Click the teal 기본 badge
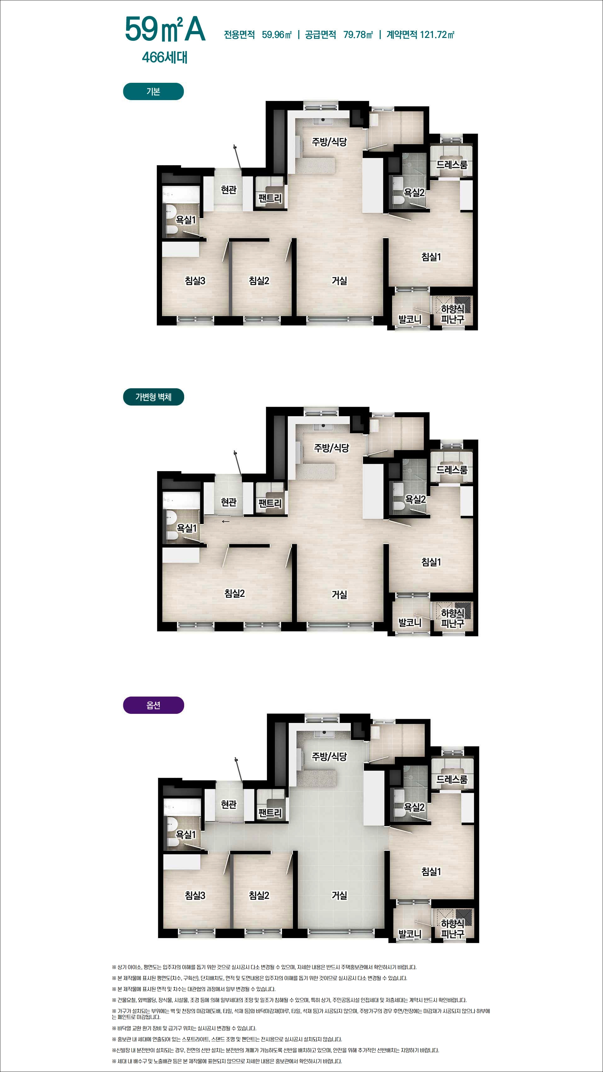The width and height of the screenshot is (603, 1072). pyautogui.click(x=153, y=92)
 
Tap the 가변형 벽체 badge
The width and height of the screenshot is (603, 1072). pyautogui.click(x=153, y=397)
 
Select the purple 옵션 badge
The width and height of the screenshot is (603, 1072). pyautogui.click(x=153, y=705)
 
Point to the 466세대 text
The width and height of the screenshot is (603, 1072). pyautogui.click(x=165, y=57)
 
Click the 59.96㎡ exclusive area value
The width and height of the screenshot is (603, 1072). pyautogui.click(x=277, y=34)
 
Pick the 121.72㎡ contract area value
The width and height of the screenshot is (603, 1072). pyautogui.click(x=437, y=34)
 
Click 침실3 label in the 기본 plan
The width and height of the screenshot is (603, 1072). pyautogui.click(x=195, y=281)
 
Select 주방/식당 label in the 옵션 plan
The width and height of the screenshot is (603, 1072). pyautogui.click(x=329, y=756)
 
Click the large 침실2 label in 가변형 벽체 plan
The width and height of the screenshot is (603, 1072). pyautogui.click(x=234, y=593)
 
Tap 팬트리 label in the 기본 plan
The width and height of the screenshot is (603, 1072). pyautogui.click(x=270, y=199)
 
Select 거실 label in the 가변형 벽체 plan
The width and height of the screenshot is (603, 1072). pyautogui.click(x=339, y=595)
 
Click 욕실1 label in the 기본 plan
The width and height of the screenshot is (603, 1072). pyautogui.click(x=186, y=220)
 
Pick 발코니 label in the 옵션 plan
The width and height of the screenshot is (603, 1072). pyautogui.click(x=410, y=934)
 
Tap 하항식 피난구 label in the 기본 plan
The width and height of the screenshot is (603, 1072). pyautogui.click(x=452, y=314)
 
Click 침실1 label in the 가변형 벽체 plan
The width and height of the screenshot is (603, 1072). pyautogui.click(x=431, y=562)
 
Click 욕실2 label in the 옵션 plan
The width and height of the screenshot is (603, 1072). pyautogui.click(x=414, y=807)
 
